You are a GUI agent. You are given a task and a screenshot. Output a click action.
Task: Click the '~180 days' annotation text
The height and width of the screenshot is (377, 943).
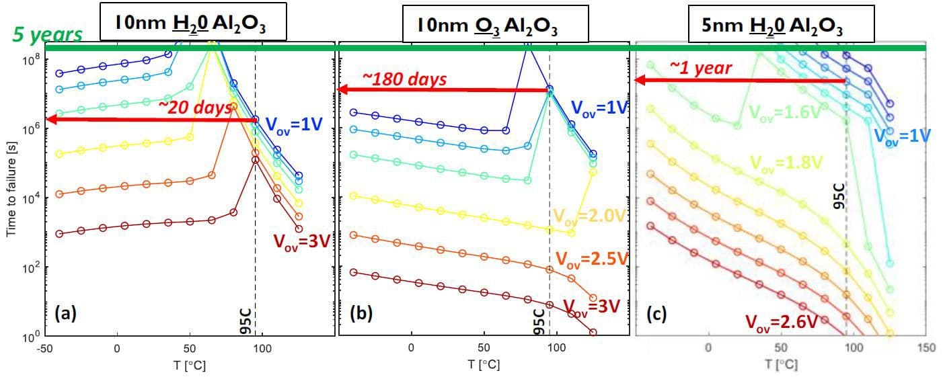[x=404, y=79]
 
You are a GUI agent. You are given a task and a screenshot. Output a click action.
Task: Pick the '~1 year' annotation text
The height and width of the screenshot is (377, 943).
[x=700, y=67]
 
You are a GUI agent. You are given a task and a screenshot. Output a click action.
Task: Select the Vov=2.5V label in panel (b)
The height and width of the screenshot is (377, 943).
[x=591, y=259]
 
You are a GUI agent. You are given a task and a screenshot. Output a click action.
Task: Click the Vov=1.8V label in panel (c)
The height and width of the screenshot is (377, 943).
[x=786, y=162]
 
